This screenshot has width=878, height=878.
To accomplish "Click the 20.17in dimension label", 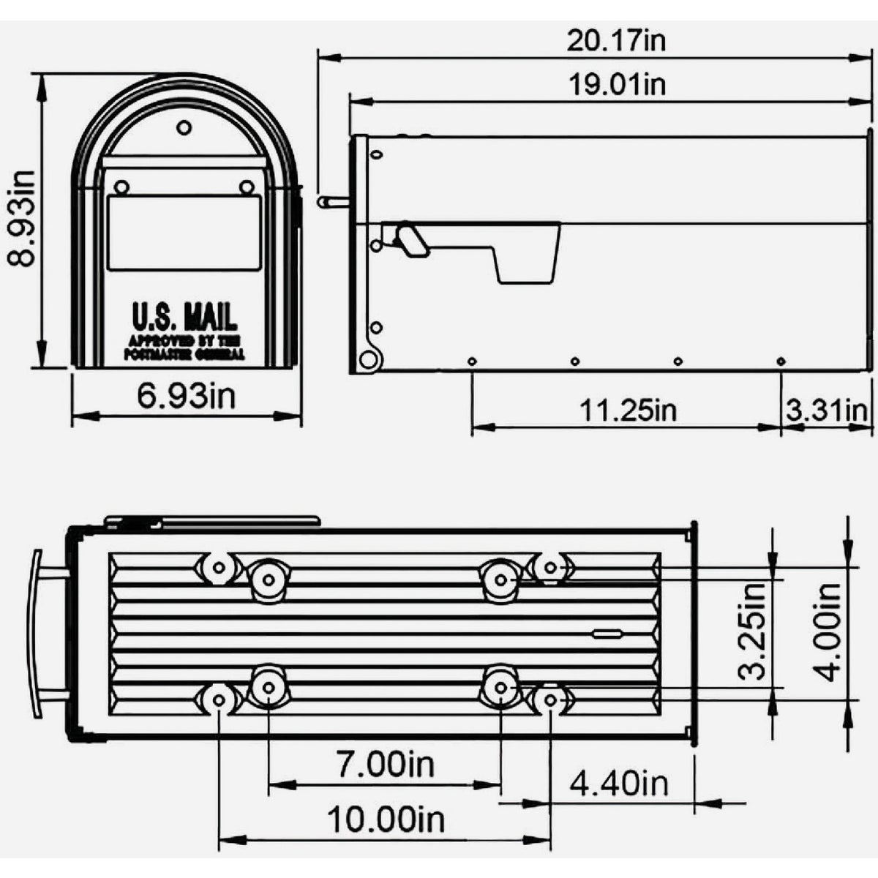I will [x=617, y=40].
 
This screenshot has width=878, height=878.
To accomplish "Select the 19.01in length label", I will [x=617, y=84].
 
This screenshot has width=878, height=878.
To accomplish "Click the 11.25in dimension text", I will [x=628, y=410].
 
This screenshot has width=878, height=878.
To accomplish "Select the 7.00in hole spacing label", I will [x=386, y=765].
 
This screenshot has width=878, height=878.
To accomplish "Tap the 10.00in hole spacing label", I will [x=386, y=819].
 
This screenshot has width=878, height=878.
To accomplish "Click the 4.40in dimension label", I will [x=619, y=784].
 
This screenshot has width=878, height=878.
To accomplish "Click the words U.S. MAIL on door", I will [x=184, y=318].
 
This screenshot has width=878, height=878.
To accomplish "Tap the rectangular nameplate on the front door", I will [x=184, y=233].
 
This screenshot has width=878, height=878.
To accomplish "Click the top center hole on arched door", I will [x=184, y=128].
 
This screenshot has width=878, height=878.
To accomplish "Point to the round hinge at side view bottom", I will [x=370, y=359].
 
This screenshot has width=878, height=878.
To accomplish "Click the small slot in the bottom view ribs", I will [x=607, y=634].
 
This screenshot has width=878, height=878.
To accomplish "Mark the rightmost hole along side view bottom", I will [x=781, y=361].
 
